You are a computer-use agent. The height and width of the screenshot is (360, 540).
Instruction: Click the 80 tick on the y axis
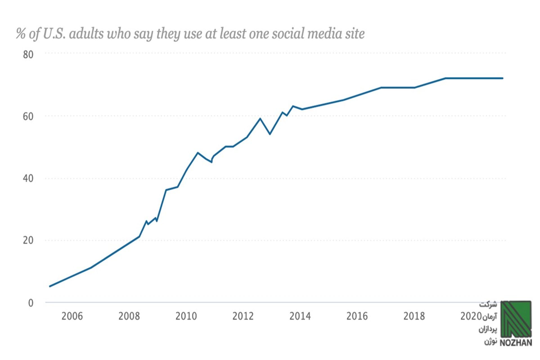(28, 55)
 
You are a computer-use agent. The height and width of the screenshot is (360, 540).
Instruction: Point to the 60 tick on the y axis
(28, 116)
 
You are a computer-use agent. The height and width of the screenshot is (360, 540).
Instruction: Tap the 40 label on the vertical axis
(28, 178)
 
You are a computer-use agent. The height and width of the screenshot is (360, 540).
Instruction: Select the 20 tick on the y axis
(28, 240)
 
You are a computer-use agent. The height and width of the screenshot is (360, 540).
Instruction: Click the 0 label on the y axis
(31, 303)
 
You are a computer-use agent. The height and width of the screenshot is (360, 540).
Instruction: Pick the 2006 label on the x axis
(72, 316)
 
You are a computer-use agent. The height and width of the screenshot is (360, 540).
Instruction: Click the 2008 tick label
(129, 316)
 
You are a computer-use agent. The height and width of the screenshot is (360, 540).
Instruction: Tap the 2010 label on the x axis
(186, 316)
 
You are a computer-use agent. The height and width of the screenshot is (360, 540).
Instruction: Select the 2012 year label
(243, 316)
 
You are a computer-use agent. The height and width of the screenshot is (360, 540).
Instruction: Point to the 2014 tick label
(300, 316)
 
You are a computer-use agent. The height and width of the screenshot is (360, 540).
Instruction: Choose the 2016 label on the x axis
(357, 316)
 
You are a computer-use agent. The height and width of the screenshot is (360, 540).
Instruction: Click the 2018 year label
(414, 316)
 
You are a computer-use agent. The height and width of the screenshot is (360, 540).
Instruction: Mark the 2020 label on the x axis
(471, 316)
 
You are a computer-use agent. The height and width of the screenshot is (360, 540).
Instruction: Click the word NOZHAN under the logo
(516, 342)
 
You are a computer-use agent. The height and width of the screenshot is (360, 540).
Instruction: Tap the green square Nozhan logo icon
(516, 319)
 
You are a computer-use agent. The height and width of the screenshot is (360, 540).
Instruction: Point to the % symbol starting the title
(21, 34)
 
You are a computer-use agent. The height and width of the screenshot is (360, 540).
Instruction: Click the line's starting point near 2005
(50, 286)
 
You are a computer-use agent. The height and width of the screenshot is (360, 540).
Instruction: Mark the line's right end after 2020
(502, 78)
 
